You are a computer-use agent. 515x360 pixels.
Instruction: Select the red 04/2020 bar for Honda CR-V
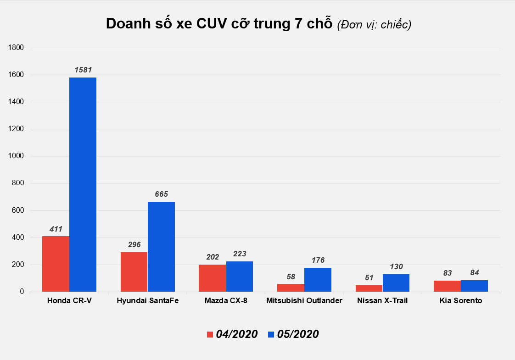click(56, 264)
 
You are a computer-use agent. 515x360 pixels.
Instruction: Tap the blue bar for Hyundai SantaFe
click(161, 246)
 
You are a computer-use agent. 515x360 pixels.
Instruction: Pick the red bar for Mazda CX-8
click(212, 278)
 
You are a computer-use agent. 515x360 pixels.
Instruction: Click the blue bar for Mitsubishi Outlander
click(318, 279)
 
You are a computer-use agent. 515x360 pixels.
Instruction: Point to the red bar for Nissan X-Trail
click(369, 288)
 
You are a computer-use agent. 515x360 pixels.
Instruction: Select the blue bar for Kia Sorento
click(474, 286)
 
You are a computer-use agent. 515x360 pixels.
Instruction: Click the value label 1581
click(83, 70)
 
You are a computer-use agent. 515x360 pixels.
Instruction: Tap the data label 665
click(161, 194)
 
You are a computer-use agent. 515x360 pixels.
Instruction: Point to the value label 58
click(291, 277)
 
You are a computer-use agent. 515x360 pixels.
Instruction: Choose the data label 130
click(396, 267)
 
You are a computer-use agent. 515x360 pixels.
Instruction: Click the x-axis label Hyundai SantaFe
click(147, 301)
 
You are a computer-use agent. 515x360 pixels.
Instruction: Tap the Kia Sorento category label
click(460, 301)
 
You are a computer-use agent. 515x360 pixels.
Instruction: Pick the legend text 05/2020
click(298, 334)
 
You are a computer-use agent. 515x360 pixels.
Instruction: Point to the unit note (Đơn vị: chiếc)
click(374, 25)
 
